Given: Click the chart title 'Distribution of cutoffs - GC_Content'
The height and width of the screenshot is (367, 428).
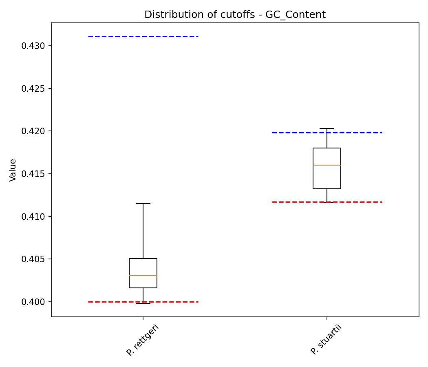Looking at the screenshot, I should coord(235,15).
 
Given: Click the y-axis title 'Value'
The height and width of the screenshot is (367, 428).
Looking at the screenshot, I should coord(13,170).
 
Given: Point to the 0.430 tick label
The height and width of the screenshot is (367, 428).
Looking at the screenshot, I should coord(33,46).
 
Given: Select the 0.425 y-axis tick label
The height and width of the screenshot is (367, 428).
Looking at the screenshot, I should coord(33,88).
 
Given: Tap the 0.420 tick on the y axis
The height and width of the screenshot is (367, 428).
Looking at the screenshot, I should coord(33,131).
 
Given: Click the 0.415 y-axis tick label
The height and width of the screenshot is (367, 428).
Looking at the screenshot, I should coord(33,174).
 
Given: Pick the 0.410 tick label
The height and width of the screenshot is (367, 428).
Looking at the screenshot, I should coord(33,217).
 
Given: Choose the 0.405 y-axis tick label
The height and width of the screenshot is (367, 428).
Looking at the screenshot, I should coord(33,259).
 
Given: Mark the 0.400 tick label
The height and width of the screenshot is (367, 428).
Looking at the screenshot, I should coord(33,302).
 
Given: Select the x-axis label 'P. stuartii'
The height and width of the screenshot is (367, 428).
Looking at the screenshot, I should coord(326,340).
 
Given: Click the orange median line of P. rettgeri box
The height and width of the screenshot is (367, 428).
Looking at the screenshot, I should coord(143,276).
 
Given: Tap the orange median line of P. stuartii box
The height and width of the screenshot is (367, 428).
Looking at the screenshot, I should coord(327,165).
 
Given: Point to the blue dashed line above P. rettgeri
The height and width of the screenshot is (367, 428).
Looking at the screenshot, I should coord(143,36).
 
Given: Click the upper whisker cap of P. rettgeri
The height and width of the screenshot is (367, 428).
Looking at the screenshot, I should coord(143,203).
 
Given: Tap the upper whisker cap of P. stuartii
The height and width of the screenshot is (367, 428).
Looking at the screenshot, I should coord(327,128).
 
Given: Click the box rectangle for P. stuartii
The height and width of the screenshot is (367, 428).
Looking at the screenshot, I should coord(327,157).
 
